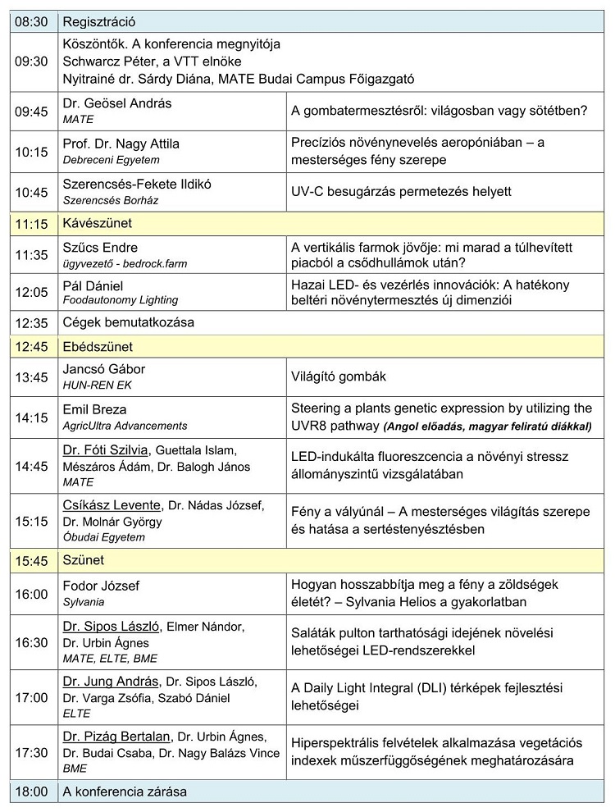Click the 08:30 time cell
coord(31,21)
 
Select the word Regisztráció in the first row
coord(98,21)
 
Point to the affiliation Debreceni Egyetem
coord(111,160)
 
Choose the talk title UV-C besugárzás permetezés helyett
coord(401,191)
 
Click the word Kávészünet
coord(98,222)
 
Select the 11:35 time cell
coord(31,254)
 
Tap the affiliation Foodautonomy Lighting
coord(120,300)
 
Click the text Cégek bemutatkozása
coord(128,322)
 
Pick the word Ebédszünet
coord(98,347)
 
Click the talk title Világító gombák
coord(338,376)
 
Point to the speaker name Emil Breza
coord(94,408)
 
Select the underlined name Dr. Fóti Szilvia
coord(106,449)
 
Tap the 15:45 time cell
coord(31,561)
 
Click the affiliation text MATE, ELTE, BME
coord(110,658)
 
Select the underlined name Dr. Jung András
coord(111,682)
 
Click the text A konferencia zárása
coord(125,791)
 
